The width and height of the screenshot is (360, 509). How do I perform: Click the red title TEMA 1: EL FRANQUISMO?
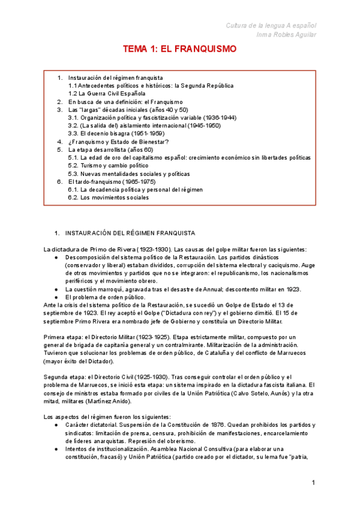(179, 49)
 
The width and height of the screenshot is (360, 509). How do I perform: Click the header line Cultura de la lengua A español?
(271, 25)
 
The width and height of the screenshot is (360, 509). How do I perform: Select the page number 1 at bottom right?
(313, 483)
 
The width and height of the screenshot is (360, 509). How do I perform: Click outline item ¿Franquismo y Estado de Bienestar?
(118, 142)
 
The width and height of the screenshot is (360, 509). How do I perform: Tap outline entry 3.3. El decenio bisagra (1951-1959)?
(116, 134)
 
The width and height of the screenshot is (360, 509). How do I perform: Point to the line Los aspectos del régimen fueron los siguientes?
(107, 417)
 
